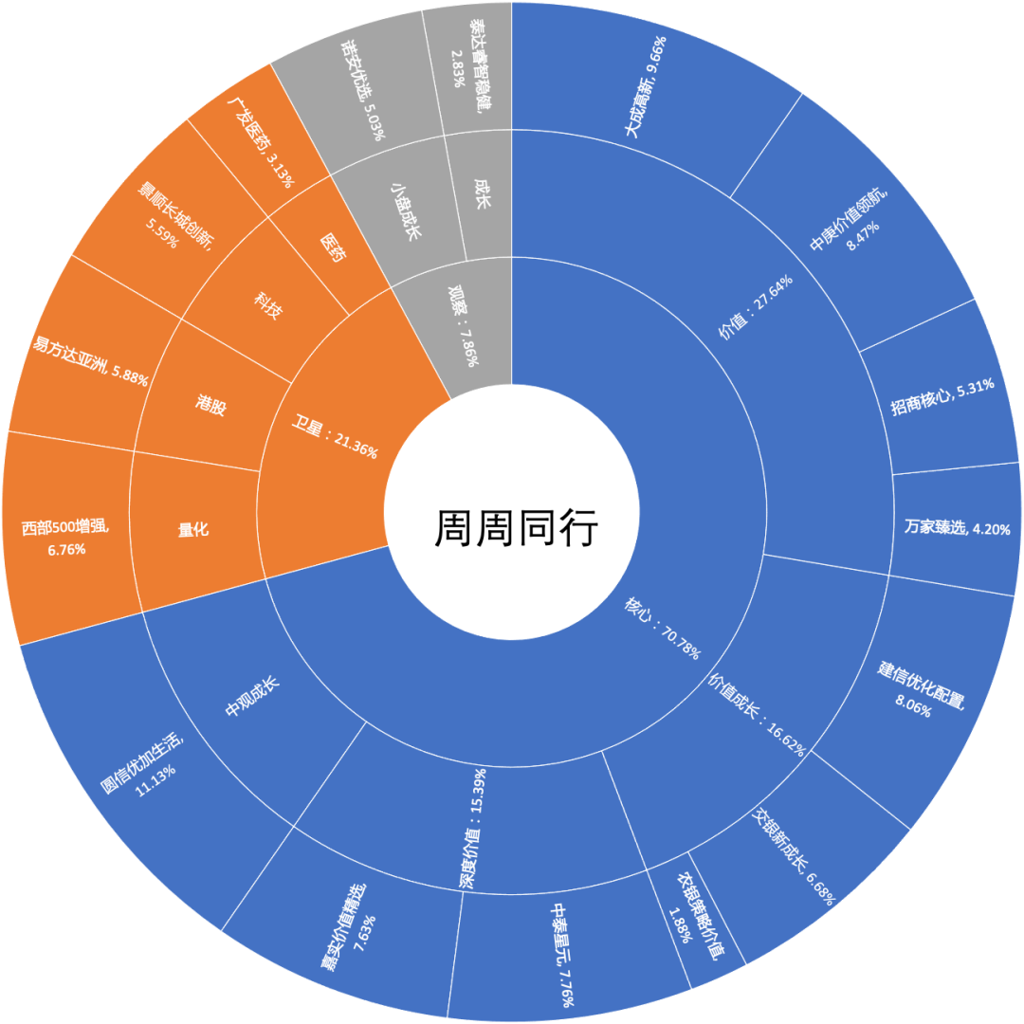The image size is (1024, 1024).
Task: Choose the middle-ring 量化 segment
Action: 193,530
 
